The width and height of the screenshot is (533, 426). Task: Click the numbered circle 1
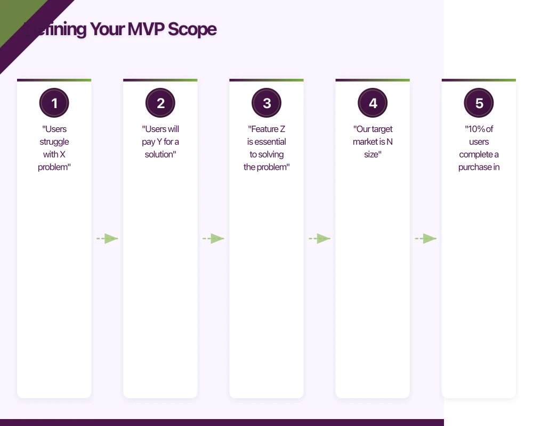click(x=54, y=103)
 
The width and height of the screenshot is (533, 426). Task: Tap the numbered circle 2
click(x=160, y=103)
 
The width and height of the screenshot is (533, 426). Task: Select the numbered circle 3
click(x=266, y=103)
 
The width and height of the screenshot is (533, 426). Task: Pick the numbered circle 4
click(x=373, y=103)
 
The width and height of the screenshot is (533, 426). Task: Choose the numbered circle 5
click(x=479, y=103)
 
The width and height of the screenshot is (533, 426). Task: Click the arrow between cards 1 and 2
click(x=107, y=239)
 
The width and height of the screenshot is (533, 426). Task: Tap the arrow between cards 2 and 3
click(x=213, y=239)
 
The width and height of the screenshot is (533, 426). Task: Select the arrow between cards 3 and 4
click(x=320, y=239)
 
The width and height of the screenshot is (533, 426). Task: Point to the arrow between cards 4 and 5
click(x=426, y=239)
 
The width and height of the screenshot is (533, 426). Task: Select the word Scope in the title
click(x=192, y=29)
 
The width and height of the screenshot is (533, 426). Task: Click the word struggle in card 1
click(x=54, y=142)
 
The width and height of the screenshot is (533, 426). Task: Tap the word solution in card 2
click(x=159, y=154)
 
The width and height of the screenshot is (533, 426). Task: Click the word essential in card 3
click(x=271, y=142)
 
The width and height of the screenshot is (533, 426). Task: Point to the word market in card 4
click(x=365, y=142)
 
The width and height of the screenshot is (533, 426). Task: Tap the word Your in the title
click(x=107, y=29)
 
